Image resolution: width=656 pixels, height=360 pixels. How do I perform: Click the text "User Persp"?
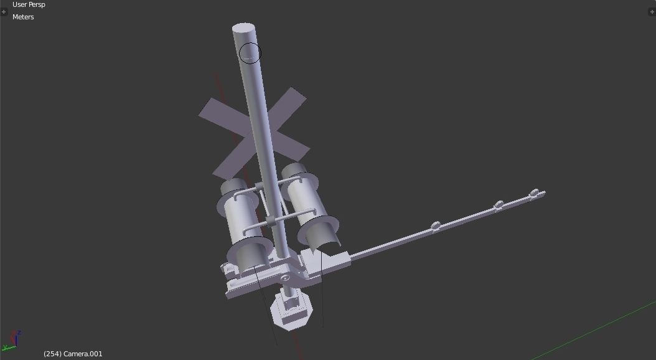pyautogui.click(x=29, y=4)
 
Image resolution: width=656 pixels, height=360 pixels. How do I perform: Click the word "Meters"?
pyautogui.click(x=23, y=17)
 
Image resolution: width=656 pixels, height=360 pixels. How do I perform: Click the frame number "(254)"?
pyautogui.click(x=52, y=354)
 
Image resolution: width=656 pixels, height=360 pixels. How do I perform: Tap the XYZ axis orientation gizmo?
pyautogui.click(x=13, y=340)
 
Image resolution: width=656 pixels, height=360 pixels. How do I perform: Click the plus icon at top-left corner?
pyautogui.click(x=4, y=12)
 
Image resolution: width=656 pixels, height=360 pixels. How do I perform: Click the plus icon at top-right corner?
pyautogui.click(x=652, y=12)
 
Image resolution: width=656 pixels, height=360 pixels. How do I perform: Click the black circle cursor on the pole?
pyautogui.click(x=250, y=53)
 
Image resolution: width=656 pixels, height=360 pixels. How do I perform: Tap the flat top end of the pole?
pyautogui.click(x=244, y=29)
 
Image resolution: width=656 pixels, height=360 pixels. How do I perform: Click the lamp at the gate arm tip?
pyautogui.click(x=534, y=195)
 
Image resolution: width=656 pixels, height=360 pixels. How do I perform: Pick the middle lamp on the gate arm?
pyautogui.click(x=498, y=205)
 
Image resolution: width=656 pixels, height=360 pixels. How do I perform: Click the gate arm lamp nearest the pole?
pyautogui.click(x=436, y=225)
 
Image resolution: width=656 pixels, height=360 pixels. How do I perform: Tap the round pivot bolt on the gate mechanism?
pyautogui.click(x=285, y=278)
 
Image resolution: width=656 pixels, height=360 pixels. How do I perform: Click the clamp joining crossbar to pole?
pyautogui.click(x=272, y=220)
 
